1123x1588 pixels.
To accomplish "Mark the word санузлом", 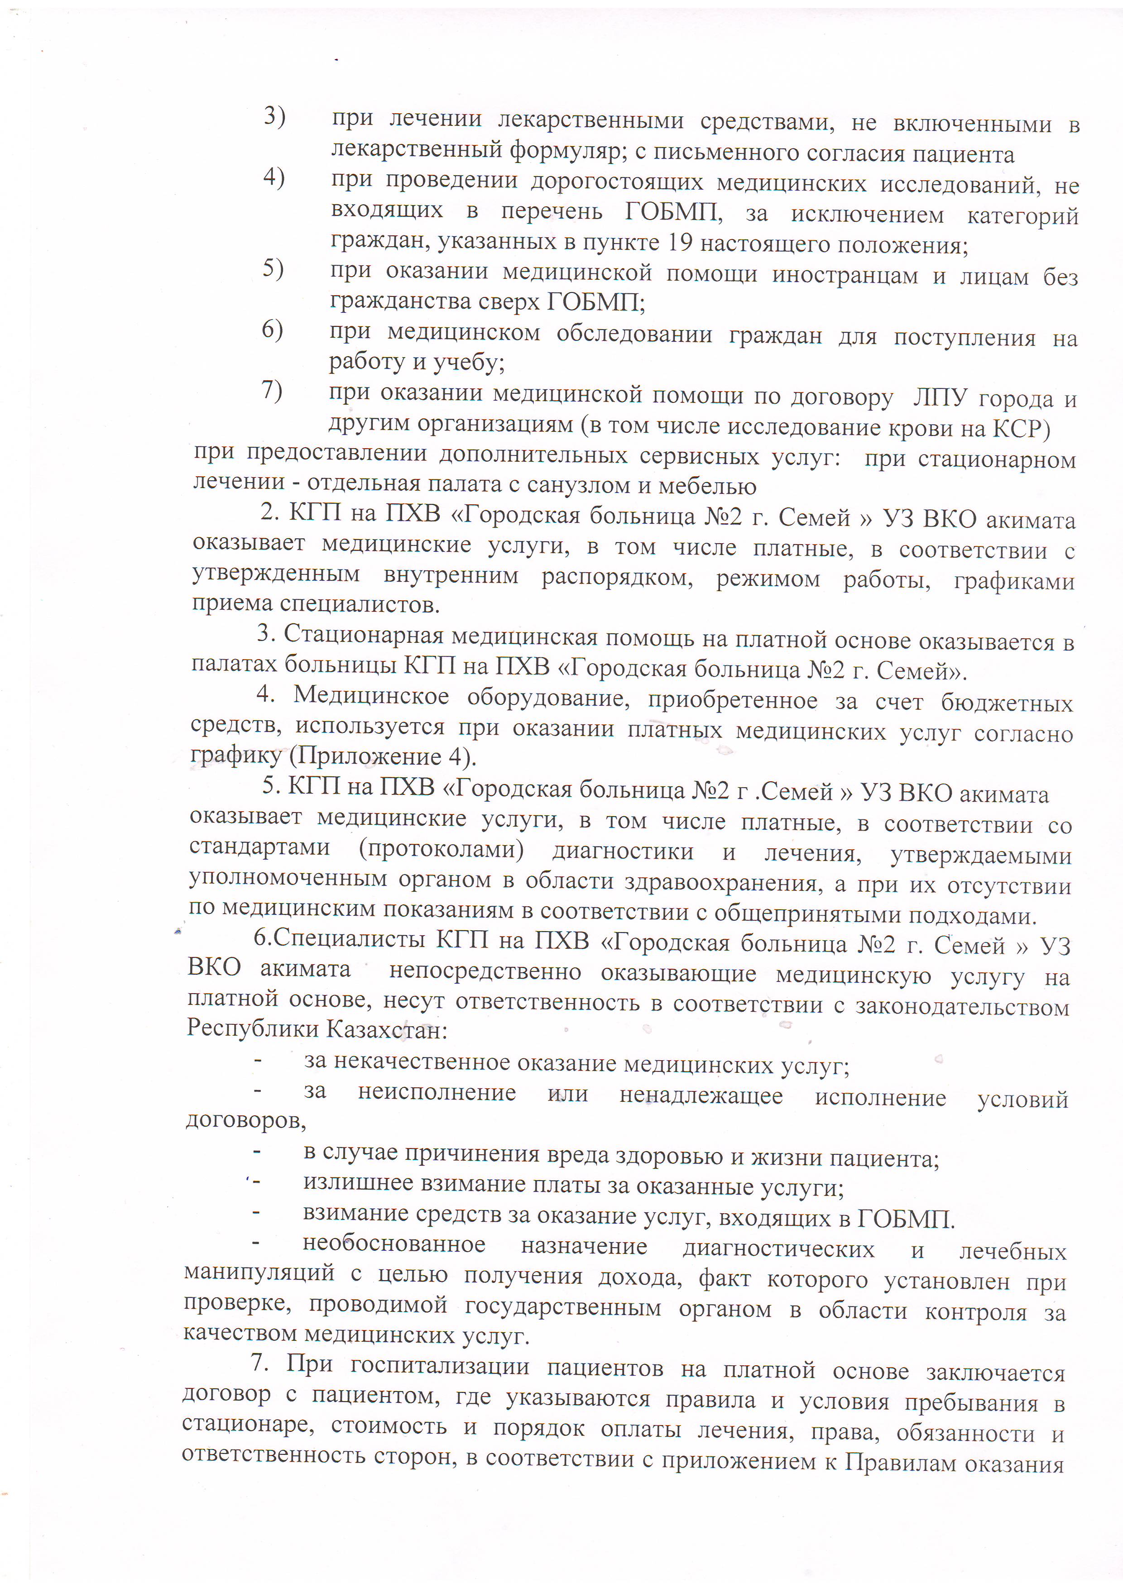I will tap(578, 486).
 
